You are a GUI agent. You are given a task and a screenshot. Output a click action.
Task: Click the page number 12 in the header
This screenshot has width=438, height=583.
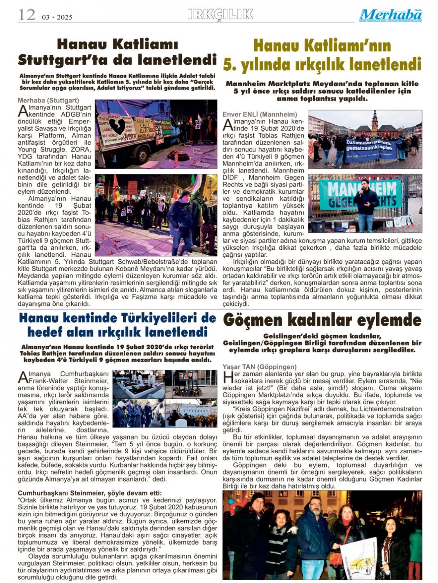pos(27,15)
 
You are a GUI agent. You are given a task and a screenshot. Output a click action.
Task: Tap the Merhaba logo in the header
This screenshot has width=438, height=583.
pos(390,15)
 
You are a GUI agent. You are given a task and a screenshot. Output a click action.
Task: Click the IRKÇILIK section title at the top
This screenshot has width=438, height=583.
pos(220,15)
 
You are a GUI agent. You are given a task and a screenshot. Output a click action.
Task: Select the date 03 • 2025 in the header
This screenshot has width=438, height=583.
pos(57,17)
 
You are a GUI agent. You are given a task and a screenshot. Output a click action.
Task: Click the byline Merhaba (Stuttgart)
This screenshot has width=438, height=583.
pos(48,100)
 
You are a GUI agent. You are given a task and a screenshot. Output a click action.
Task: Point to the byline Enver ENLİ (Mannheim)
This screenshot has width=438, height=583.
pos(260,114)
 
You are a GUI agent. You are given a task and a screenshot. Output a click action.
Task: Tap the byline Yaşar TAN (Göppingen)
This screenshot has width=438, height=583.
pos(260,367)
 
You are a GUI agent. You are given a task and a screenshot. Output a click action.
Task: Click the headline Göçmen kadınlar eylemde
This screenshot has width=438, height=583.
pos(322,320)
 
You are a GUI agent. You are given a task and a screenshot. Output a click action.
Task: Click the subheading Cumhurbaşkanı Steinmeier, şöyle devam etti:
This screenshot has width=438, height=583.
pos(90,493)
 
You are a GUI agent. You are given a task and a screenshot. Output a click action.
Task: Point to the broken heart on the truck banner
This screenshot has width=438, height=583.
pos(117,126)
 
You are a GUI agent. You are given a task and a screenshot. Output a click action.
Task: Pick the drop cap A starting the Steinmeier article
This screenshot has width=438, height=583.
pos(23,377)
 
